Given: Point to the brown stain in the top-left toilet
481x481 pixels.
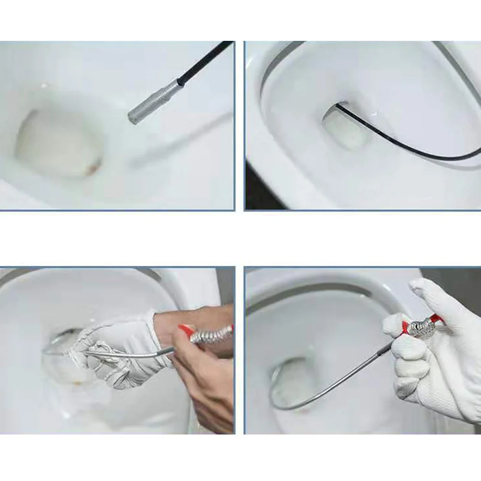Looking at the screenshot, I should coord(92,168).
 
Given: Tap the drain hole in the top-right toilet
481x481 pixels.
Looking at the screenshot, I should coord(346,127).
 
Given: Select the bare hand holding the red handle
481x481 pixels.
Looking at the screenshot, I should coord(202,379).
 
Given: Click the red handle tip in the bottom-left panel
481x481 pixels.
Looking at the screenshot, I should coord(185,330).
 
